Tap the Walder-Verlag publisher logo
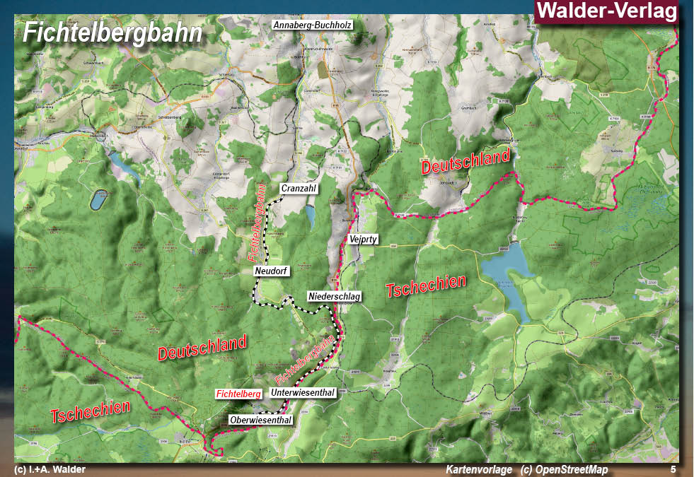[x=606, y=11]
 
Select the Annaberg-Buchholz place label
[x=312, y=25]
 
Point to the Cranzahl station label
[x=298, y=189]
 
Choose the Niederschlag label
[x=334, y=296]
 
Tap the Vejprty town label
[x=364, y=240]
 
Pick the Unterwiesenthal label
[x=302, y=392]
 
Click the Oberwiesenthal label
[x=260, y=420]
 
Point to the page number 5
[x=673, y=469]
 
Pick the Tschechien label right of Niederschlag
[x=426, y=285]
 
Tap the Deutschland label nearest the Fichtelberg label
[x=202, y=348]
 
